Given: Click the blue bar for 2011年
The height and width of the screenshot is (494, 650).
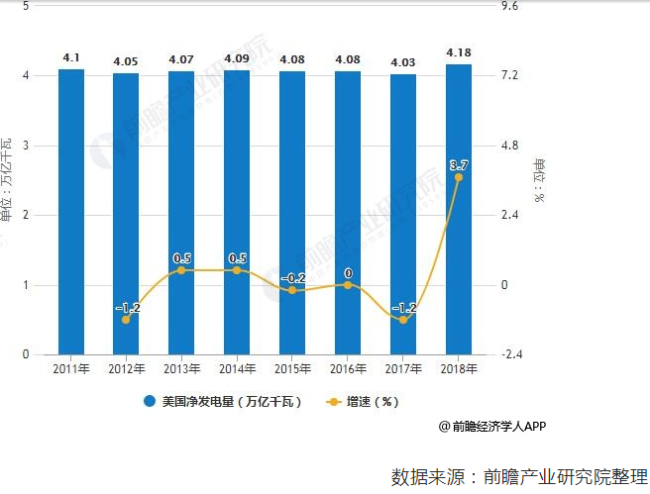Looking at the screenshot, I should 71,212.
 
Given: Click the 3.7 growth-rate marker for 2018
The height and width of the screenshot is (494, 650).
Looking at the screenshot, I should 458,177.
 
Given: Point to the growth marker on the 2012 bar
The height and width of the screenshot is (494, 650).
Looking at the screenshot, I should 126,320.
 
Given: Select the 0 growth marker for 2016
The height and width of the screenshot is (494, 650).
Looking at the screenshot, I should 348,285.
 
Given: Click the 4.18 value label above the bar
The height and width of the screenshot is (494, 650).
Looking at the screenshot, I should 458,51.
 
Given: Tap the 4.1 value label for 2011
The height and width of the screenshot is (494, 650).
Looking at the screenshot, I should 71,57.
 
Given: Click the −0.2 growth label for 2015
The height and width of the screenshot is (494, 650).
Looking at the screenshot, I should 292,278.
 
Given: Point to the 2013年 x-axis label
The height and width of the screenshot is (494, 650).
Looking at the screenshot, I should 181,369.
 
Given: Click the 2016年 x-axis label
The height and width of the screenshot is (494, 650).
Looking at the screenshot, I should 348,369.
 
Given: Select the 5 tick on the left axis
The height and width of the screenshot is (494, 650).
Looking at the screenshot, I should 24,6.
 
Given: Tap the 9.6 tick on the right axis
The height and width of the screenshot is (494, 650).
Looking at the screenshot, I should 511,6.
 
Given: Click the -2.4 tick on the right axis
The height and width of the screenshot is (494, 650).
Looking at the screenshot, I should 512,354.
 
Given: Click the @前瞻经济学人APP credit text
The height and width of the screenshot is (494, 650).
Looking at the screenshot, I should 491,427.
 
